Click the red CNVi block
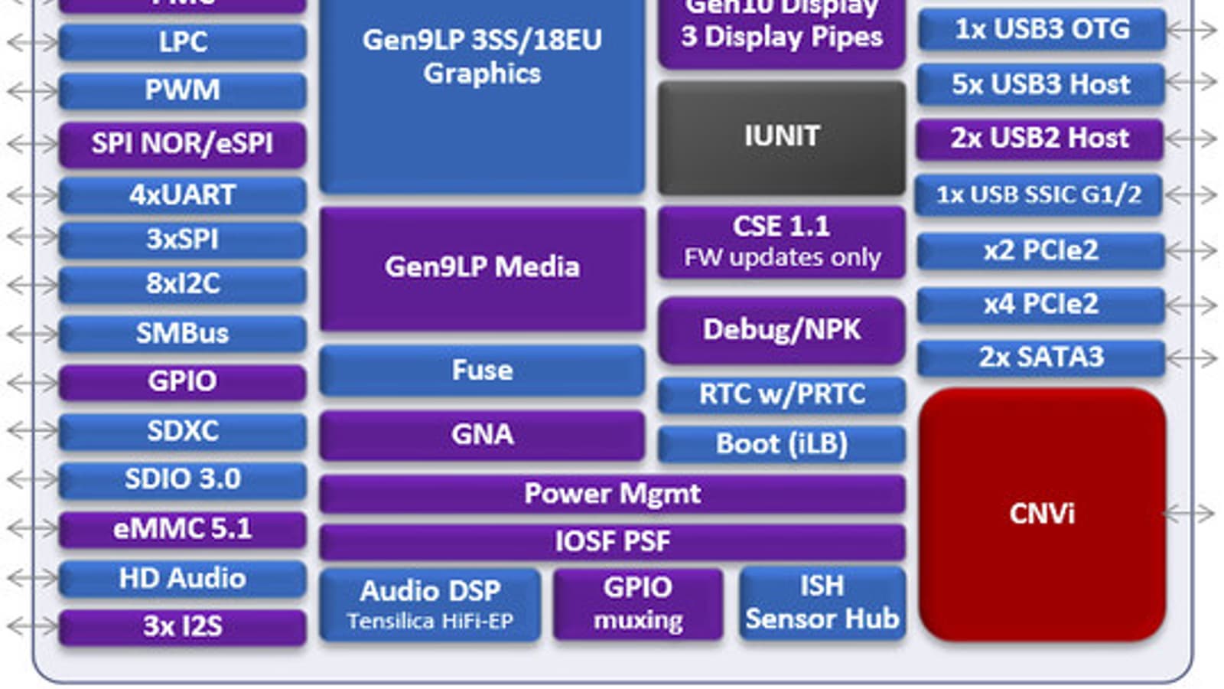point(1042,513)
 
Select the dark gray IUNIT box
point(781,137)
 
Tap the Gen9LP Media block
point(482,267)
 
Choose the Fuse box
point(482,371)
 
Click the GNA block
point(482,435)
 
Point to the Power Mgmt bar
point(612,494)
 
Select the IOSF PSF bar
point(612,541)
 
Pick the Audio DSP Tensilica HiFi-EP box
point(430,604)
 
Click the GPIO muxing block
point(638,604)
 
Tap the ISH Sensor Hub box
point(822,602)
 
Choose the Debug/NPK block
point(781,330)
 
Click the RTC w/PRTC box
point(781,394)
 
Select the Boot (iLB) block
point(781,444)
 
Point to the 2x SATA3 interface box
point(1041,358)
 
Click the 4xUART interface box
point(182,195)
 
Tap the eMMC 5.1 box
point(182,529)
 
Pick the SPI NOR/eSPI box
point(182,144)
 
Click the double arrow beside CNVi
point(1190,513)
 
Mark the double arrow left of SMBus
point(32,334)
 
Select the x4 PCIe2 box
point(1041,305)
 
